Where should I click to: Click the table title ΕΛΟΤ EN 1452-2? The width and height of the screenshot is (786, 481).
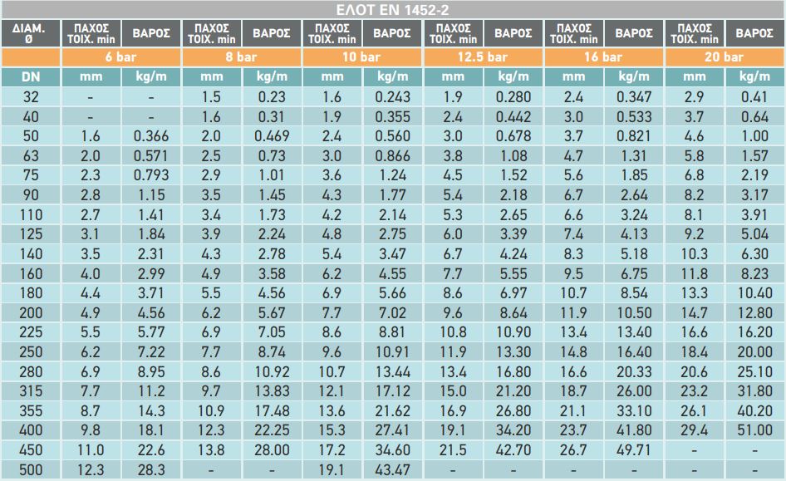point(393,9)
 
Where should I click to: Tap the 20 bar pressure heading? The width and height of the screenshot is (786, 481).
point(725,57)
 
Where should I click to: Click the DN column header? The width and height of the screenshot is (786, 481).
point(30,76)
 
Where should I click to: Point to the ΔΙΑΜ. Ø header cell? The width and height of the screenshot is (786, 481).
point(30,33)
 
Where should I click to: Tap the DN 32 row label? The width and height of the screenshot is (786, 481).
point(30,96)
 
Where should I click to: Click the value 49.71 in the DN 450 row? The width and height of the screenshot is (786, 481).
point(633,451)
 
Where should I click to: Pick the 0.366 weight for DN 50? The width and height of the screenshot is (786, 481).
point(150,136)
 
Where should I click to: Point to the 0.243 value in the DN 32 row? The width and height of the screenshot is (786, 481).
point(392,96)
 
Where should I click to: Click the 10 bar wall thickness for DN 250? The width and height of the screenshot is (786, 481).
point(332,351)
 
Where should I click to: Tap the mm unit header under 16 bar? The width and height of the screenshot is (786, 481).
point(573,76)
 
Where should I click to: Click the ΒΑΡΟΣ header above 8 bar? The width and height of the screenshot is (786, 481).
point(272,33)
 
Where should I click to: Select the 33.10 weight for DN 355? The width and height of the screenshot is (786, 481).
point(633,411)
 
